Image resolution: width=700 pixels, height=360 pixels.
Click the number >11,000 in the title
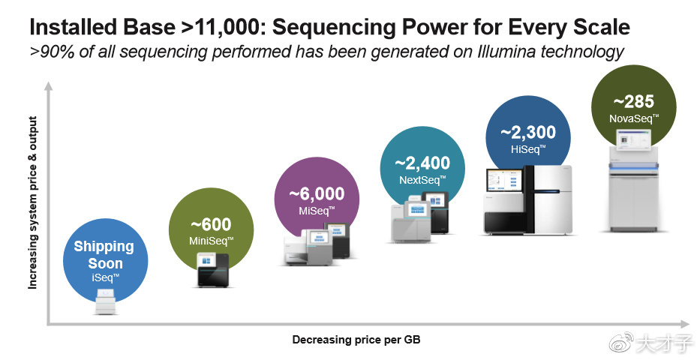click(x=220, y=27)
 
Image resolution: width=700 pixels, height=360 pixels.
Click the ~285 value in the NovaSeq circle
click(x=634, y=102)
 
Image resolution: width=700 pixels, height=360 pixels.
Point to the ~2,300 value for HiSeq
click(x=528, y=132)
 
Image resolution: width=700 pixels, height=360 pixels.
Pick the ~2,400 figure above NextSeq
click(x=422, y=163)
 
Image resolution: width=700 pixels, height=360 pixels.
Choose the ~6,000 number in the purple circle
click(x=317, y=193)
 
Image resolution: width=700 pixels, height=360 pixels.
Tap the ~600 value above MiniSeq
click(x=211, y=224)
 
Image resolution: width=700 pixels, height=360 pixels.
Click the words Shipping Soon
click(x=104, y=254)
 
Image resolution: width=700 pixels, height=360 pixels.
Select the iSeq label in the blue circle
click(x=105, y=277)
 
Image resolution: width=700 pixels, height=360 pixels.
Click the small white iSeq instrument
click(x=107, y=301)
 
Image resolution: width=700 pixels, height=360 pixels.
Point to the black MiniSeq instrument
click(x=213, y=270)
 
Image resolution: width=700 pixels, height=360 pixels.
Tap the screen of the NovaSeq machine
click(x=634, y=139)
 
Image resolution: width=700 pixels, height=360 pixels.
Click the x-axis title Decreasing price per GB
click(x=356, y=340)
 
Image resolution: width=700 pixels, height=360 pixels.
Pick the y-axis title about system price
click(x=33, y=203)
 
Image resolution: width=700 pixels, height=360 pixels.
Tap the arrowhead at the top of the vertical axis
click(x=49, y=85)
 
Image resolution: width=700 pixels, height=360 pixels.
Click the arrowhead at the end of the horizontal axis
click(x=685, y=324)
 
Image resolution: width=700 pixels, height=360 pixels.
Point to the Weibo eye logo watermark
click(x=621, y=342)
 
